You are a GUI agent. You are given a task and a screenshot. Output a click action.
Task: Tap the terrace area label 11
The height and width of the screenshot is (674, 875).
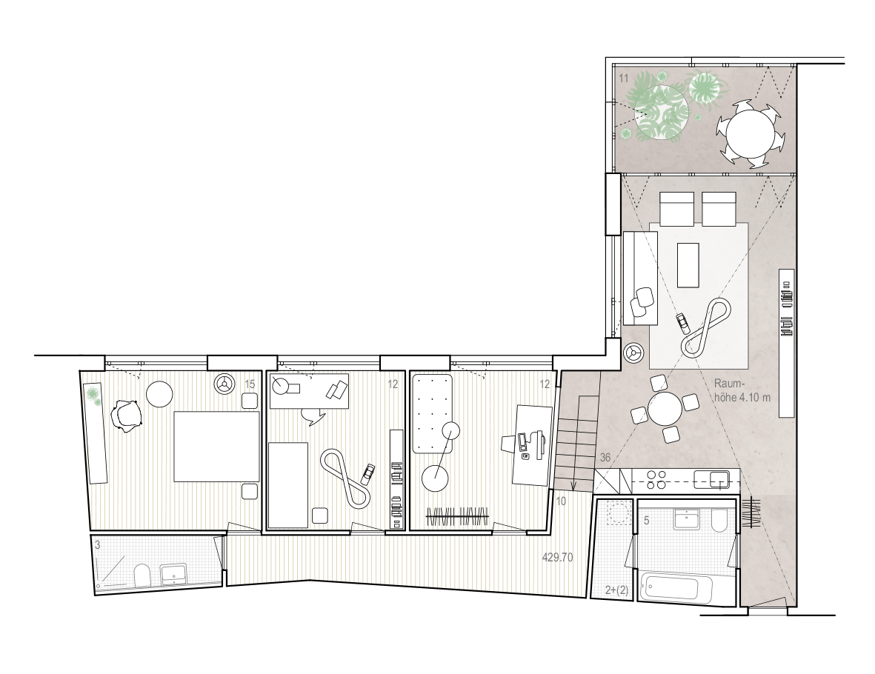[x=624, y=76]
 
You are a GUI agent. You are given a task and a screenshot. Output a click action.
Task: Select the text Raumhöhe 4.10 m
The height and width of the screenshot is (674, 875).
[x=743, y=391]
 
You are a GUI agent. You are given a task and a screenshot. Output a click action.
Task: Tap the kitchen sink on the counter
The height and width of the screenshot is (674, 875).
[x=718, y=479]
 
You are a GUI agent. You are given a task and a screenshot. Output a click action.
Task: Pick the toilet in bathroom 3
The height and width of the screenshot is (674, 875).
[x=141, y=575]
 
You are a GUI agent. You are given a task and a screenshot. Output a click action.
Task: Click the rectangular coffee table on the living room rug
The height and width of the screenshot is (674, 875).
[x=688, y=265]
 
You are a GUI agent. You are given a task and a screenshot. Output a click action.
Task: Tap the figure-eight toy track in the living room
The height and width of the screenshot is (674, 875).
[x=707, y=327]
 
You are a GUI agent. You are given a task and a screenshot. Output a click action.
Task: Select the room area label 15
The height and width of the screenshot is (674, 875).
[x=250, y=384]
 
